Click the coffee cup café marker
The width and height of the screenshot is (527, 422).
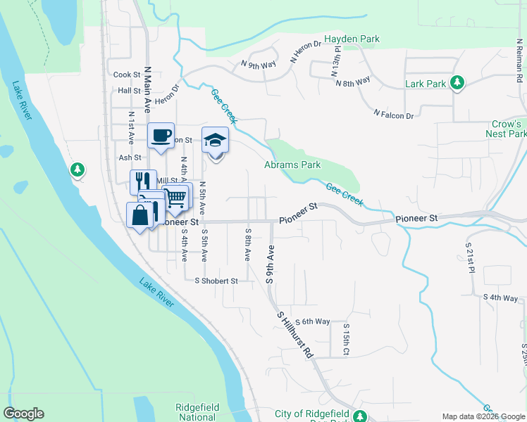pyautogui.click(x=160, y=136)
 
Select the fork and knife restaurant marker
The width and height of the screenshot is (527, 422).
pyautogui.click(x=143, y=181)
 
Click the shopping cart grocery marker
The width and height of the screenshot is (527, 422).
pyautogui.click(x=176, y=197)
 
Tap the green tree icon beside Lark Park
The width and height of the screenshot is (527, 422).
pyautogui.click(x=457, y=84)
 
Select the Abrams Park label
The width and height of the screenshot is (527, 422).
pyautogui.click(x=292, y=165)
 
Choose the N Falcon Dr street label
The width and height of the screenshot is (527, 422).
pyautogui.click(x=395, y=113)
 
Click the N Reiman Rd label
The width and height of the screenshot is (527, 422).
pyautogui.click(x=519, y=63)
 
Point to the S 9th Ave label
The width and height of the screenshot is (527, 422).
pyautogui.click(x=269, y=264)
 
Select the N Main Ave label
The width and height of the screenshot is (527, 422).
pyautogui.click(x=148, y=90)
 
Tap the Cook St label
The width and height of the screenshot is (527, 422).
pyautogui.click(x=127, y=75)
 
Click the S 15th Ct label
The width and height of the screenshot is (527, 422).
pyautogui.click(x=346, y=340)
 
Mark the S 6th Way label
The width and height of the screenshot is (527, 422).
pyautogui.click(x=313, y=321)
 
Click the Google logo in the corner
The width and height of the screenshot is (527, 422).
pyautogui.click(x=23, y=414)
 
